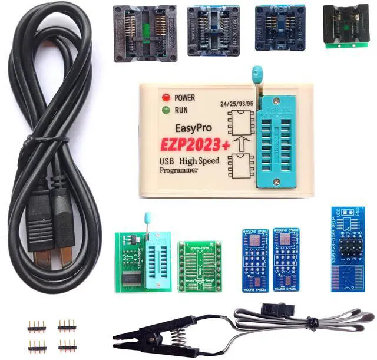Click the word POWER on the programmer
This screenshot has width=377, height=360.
point(184,97)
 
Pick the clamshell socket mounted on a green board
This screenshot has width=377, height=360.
point(347,27)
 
